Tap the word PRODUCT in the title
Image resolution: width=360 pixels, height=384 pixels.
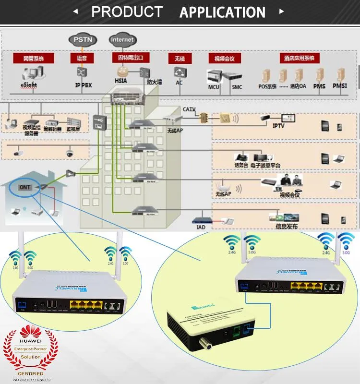click(x=127, y=12)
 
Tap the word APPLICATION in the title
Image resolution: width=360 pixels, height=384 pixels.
click(x=222, y=12)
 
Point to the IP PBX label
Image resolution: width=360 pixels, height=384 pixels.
click(x=83, y=84)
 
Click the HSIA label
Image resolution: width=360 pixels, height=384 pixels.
click(x=120, y=81)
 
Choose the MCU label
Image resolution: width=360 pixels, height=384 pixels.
click(x=213, y=87)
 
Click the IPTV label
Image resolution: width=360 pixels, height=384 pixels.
click(x=279, y=126)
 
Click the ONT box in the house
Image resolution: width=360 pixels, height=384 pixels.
click(x=24, y=187)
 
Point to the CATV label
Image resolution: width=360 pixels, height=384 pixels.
click(x=189, y=109)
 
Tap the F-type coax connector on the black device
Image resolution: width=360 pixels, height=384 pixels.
click(x=198, y=343)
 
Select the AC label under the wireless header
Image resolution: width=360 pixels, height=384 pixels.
click(x=179, y=82)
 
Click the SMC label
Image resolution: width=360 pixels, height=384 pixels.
click(x=237, y=87)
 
